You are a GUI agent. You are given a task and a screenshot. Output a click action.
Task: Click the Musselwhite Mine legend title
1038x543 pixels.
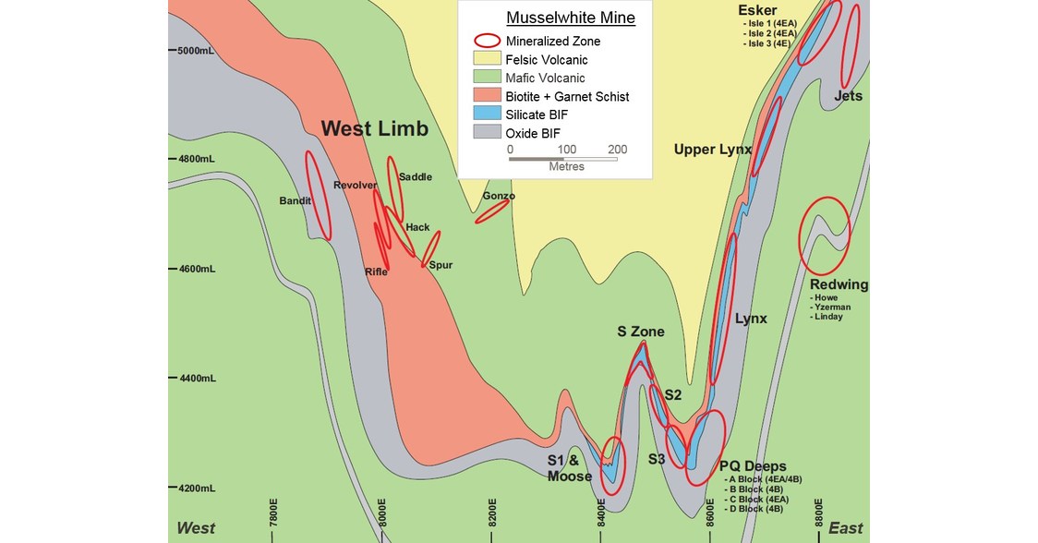click(x=570, y=18)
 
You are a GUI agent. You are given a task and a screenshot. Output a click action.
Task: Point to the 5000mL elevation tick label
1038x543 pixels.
click(x=196, y=51)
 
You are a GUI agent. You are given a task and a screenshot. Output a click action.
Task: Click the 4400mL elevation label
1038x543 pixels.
click(x=196, y=379)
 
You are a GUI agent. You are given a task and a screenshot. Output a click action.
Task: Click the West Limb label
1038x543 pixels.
click(x=375, y=129)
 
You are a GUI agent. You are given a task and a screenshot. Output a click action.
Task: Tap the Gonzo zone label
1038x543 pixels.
click(x=499, y=196)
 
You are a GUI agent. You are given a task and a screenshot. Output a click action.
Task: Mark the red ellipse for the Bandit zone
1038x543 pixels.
click(x=317, y=194)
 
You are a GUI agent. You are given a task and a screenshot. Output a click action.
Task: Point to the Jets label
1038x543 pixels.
click(x=848, y=96)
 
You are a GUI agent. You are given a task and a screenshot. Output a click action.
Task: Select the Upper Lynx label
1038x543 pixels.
click(x=712, y=150)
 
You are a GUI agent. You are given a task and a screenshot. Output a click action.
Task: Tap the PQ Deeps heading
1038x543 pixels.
click(x=753, y=465)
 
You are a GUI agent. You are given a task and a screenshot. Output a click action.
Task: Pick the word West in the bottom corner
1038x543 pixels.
click(x=196, y=528)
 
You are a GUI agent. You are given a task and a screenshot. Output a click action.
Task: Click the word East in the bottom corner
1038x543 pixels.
click(x=845, y=528)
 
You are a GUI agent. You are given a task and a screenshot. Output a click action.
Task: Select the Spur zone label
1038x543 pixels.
click(x=441, y=265)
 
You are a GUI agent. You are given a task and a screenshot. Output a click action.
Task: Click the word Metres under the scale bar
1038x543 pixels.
click(x=567, y=166)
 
